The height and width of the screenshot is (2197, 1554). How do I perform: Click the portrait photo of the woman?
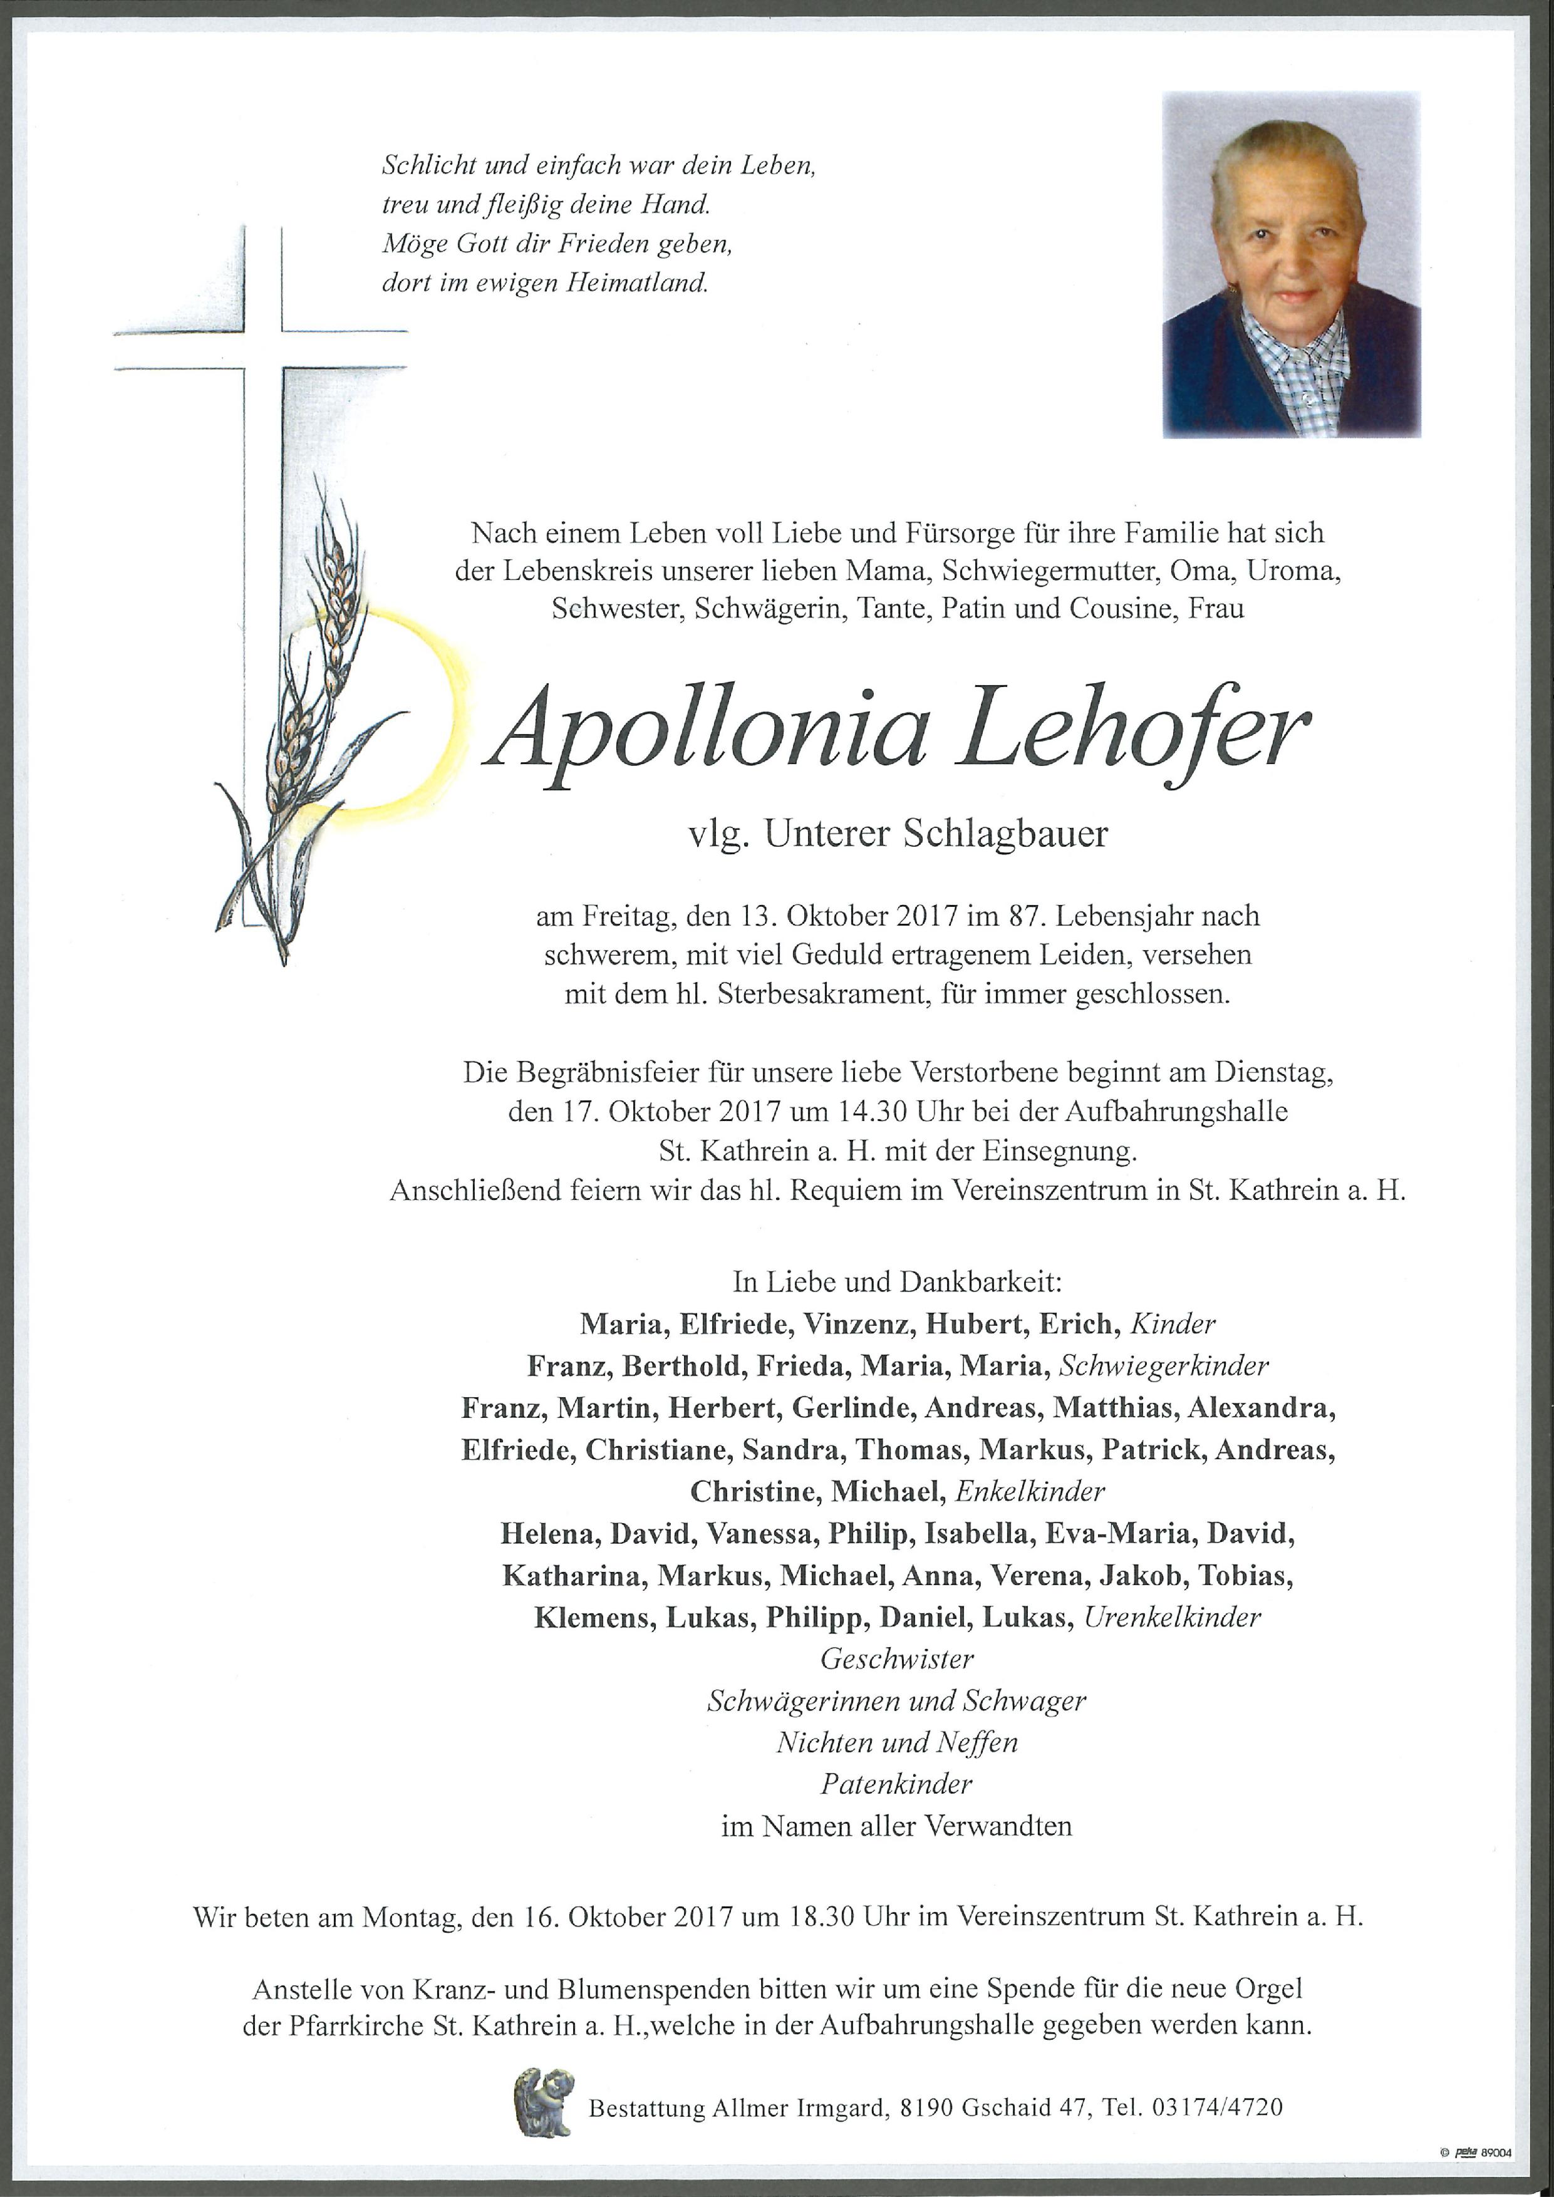1291,264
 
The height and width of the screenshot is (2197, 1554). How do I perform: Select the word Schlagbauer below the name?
1005,834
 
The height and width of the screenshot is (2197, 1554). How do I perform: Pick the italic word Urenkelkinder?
1172,1618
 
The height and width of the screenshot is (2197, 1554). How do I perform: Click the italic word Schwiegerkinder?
1164,1367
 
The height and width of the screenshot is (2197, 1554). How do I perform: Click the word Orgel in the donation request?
1270,1989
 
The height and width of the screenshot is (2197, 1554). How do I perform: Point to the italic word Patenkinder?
896,1784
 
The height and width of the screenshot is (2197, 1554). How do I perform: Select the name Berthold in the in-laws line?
682,1367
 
